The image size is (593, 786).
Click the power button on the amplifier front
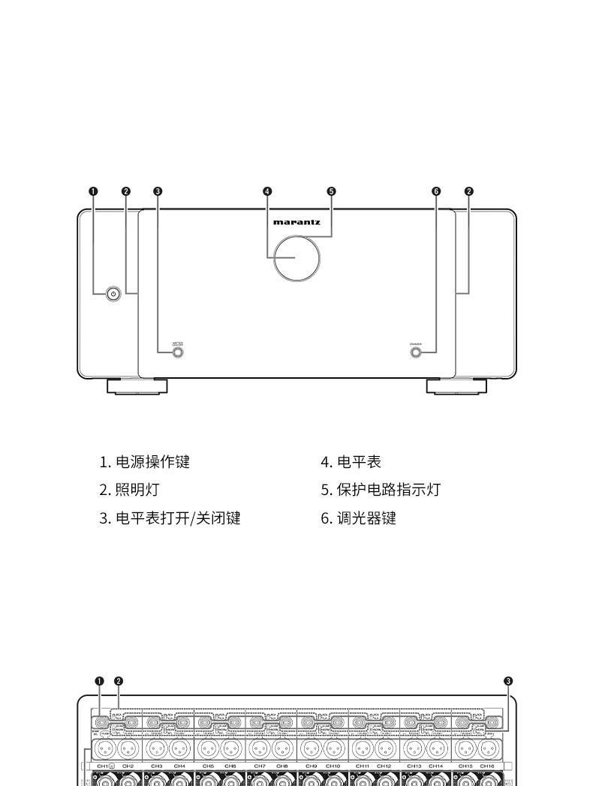click(113, 293)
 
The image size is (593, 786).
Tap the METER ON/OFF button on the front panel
click(178, 352)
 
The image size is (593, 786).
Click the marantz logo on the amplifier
click(296, 222)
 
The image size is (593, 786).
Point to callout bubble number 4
click(267, 190)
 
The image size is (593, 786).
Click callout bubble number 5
click(331, 190)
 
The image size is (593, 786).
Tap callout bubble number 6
click(436, 190)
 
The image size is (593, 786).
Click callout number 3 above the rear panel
click(508, 681)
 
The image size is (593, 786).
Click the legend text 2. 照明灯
click(129, 490)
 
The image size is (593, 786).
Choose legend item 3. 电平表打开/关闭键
click(170, 517)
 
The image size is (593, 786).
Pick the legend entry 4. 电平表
click(351, 462)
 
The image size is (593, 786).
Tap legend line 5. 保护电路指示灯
click(381, 490)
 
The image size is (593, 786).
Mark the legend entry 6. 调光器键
click(358, 517)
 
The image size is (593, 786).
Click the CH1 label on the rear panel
click(103, 766)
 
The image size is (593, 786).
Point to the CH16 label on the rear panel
click(487, 766)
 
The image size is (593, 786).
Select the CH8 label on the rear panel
click(281, 766)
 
